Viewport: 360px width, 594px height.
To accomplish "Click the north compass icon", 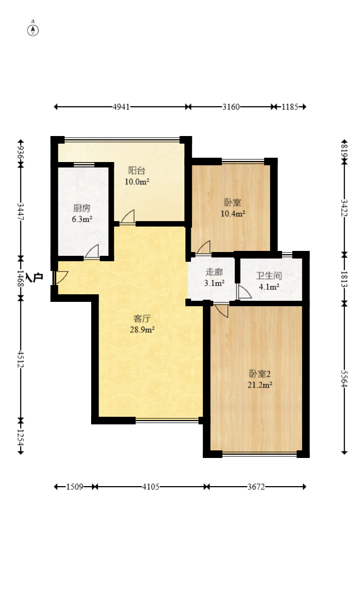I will tap(33, 30).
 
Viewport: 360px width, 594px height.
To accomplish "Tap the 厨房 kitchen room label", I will tap(82, 208).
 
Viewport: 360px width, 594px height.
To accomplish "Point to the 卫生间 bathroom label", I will tap(268, 276).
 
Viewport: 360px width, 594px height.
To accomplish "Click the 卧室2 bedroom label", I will tap(260, 373).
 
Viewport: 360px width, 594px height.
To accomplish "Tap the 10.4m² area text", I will tap(233, 214).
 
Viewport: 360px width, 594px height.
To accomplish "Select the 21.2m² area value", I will tap(260, 385).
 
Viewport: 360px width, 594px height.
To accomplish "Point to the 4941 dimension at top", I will tap(121, 107).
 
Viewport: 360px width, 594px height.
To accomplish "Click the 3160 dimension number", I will tap(231, 107).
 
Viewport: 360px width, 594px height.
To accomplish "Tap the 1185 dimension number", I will tap(290, 107).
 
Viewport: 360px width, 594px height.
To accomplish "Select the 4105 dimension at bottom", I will tap(151, 487).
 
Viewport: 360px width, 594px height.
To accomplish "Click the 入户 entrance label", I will tap(38, 277).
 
